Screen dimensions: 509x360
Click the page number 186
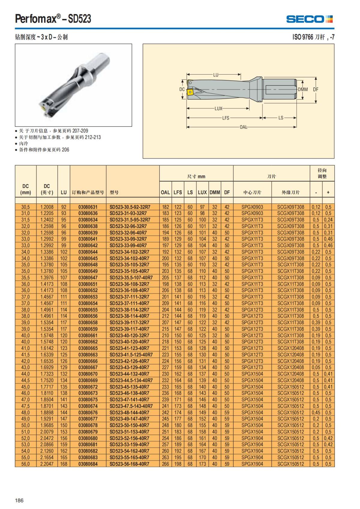(19, 500)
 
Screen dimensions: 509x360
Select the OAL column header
(165, 192)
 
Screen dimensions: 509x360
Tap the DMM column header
(215, 192)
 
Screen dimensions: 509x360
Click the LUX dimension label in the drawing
(218, 108)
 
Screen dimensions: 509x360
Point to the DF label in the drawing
(316, 89)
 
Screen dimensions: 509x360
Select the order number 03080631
(88, 207)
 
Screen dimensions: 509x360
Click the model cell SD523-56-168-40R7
(129, 464)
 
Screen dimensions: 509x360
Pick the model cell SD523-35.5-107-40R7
(131, 278)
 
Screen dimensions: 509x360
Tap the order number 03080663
(88, 355)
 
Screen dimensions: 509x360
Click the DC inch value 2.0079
(47, 432)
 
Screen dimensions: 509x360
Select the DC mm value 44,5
(25, 380)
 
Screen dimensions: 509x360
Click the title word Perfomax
(35, 19)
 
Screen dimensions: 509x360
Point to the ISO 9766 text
(303, 37)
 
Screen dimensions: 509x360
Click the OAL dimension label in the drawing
(243, 127)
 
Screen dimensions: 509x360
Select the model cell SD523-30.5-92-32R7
(130, 207)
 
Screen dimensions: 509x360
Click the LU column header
(64, 192)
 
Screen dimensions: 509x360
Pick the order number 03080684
(88, 464)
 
